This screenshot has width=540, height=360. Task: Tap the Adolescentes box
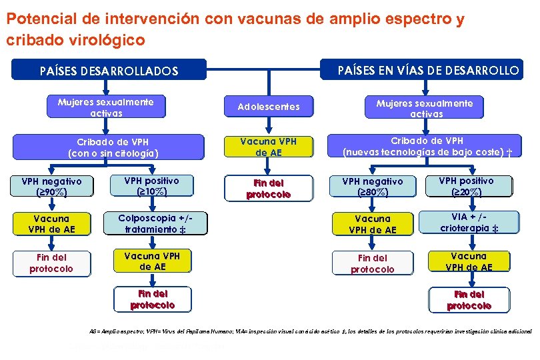click(x=269, y=107)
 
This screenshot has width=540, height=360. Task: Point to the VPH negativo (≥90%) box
click(x=51, y=187)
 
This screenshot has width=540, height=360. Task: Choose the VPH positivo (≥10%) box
click(x=152, y=186)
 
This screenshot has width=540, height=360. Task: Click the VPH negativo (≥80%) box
click(x=373, y=187)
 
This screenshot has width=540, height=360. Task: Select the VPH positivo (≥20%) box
click(x=467, y=187)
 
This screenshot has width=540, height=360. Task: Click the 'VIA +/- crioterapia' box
click(x=467, y=223)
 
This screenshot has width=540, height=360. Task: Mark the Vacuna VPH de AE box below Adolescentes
click(x=269, y=147)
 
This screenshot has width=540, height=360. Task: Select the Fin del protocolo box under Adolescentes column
click(x=269, y=189)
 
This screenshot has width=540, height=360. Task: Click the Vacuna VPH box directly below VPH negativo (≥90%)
click(x=51, y=224)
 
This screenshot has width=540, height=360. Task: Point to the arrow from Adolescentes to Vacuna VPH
click(x=269, y=127)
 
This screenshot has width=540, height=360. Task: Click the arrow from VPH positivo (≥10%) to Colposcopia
click(x=153, y=205)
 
